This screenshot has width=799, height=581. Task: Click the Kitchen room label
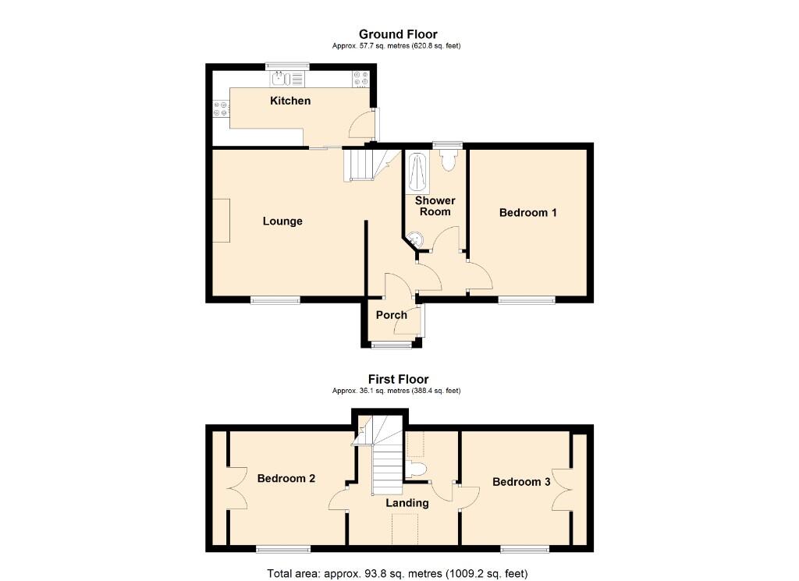coord(290,101)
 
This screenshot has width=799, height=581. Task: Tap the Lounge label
coord(282,221)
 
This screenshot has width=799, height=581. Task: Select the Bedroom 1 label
coord(528,212)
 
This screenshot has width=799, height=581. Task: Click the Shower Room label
coord(435,206)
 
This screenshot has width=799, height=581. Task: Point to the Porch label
coord(391,315)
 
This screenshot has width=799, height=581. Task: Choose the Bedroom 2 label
coord(286,478)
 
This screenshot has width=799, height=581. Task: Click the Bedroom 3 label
coord(521,482)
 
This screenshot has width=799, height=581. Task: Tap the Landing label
coord(407,503)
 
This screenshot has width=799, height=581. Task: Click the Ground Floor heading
coord(398,34)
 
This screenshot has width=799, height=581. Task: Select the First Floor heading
coord(398,380)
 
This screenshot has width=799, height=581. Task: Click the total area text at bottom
coord(398,573)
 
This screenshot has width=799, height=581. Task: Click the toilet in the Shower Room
coord(448,159)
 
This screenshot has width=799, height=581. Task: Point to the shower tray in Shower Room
coord(418,172)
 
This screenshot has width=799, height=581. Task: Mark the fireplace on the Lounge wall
coord(222,220)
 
